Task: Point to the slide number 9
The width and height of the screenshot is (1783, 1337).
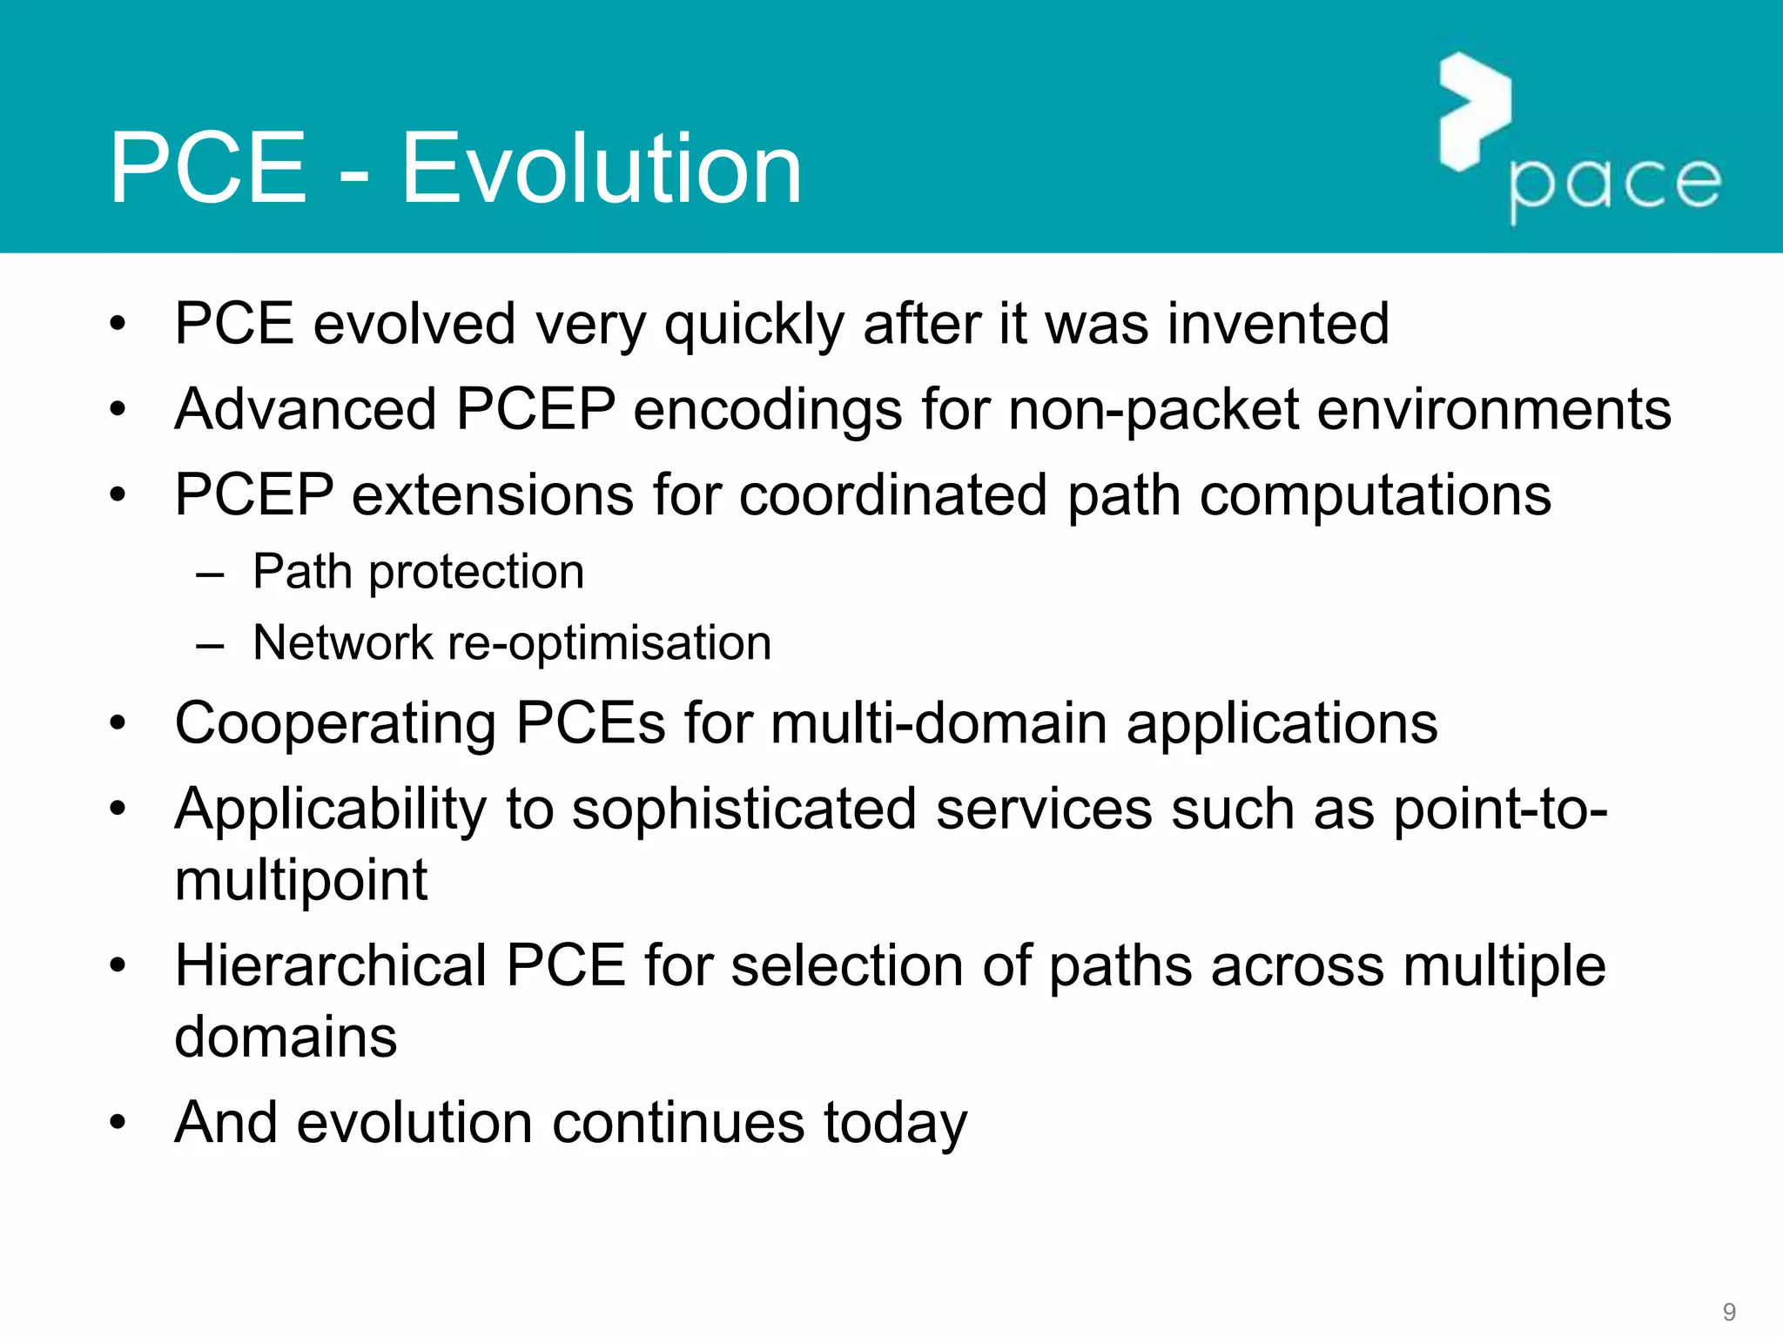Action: (1729, 1312)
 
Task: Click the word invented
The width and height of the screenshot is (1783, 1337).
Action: (1277, 324)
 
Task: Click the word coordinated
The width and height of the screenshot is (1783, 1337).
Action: (893, 495)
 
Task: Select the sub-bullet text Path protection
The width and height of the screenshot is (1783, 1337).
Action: (418, 573)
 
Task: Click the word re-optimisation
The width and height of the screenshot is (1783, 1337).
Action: (609, 644)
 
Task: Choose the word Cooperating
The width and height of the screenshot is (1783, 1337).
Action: (335, 724)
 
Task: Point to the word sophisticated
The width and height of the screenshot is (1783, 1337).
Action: (744, 809)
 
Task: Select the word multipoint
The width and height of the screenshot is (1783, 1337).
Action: (300, 881)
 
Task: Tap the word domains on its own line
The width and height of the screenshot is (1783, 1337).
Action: (286, 1038)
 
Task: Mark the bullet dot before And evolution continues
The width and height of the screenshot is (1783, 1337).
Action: (118, 1124)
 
